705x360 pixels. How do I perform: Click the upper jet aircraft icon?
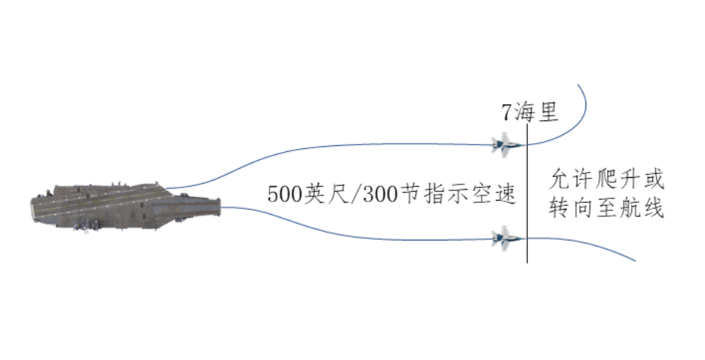[507, 142]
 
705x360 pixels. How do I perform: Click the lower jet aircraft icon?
[507, 239]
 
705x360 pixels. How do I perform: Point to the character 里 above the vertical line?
[548, 113]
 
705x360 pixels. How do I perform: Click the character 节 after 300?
[406, 195]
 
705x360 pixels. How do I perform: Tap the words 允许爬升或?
[607, 179]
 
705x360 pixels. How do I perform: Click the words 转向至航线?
[607, 209]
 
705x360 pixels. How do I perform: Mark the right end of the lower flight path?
[634, 260]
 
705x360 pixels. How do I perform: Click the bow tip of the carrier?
[220, 206]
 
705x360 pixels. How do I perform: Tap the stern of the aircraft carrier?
[33, 207]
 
